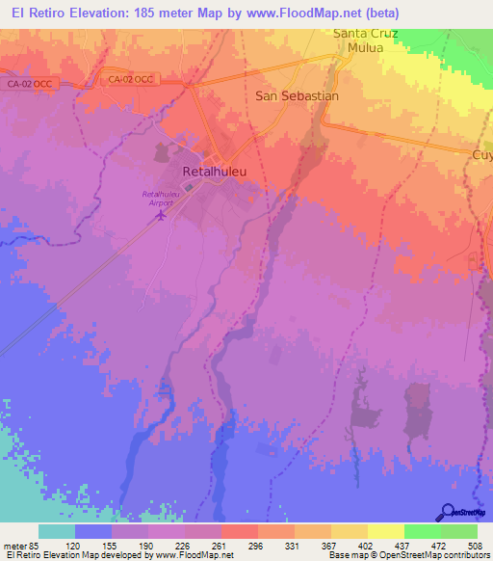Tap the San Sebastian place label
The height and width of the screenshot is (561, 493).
point(297,96)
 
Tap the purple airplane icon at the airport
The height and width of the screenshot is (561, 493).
point(161,215)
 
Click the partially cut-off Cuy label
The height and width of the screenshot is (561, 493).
point(481,154)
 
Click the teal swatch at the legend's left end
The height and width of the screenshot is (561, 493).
point(57,531)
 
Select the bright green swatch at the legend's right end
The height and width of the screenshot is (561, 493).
point(459,531)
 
